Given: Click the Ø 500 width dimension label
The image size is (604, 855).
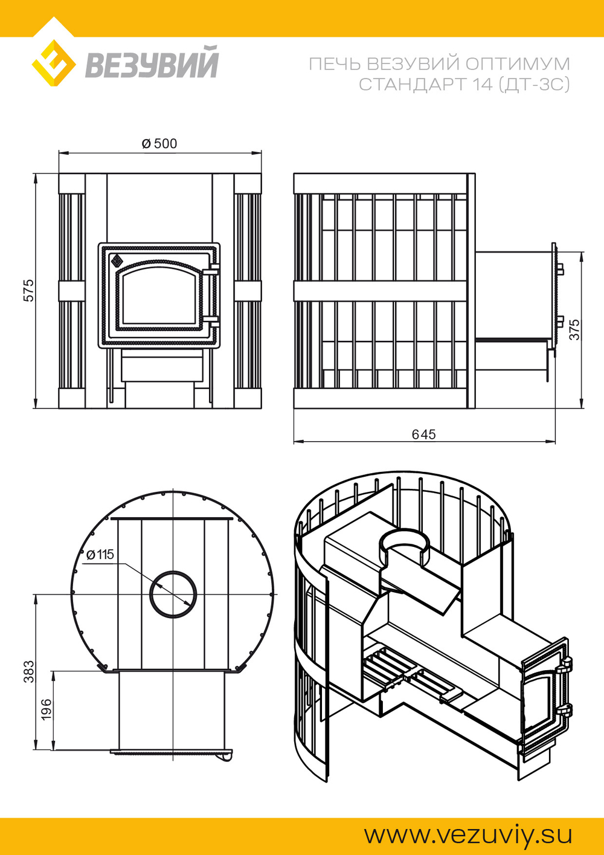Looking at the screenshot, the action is click(159, 144).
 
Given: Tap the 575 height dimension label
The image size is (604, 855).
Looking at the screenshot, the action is click(29, 291).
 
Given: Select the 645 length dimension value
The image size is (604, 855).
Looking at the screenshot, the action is click(423, 434).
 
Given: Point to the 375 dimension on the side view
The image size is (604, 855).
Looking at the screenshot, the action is click(574, 329).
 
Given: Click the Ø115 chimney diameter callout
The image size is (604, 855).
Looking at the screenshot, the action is click(100, 555).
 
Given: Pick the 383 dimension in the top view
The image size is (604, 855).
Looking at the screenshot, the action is click(29, 671).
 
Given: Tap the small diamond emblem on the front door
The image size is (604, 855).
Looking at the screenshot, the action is click(117, 261).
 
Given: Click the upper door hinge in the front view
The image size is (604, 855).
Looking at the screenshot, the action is click(211, 269).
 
